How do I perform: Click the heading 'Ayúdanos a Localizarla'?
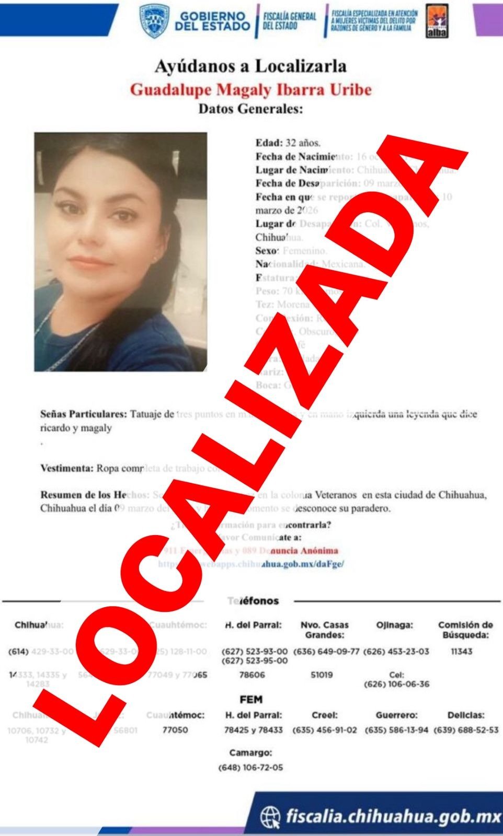(x=250, y=67)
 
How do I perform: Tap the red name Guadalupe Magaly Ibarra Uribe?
(x=250, y=90)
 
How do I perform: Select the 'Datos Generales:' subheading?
(x=250, y=109)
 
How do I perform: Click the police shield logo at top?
(x=154, y=21)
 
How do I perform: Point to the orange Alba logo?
(x=437, y=22)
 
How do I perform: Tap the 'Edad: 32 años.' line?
(x=288, y=143)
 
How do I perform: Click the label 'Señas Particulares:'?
(x=84, y=414)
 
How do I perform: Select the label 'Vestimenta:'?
(x=67, y=468)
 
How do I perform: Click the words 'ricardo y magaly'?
(x=76, y=428)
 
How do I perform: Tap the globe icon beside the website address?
(x=270, y=816)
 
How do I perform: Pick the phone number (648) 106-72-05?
(x=250, y=768)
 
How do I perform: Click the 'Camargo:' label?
(x=250, y=753)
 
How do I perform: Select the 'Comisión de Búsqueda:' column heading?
(x=465, y=630)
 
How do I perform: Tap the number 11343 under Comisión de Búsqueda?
(x=462, y=652)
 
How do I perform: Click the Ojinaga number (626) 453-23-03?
(x=396, y=652)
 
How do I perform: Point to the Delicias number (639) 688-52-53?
(x=466, y=730)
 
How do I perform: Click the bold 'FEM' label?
(x=251, y=700)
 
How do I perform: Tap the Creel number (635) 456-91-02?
(x=325, y=730)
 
